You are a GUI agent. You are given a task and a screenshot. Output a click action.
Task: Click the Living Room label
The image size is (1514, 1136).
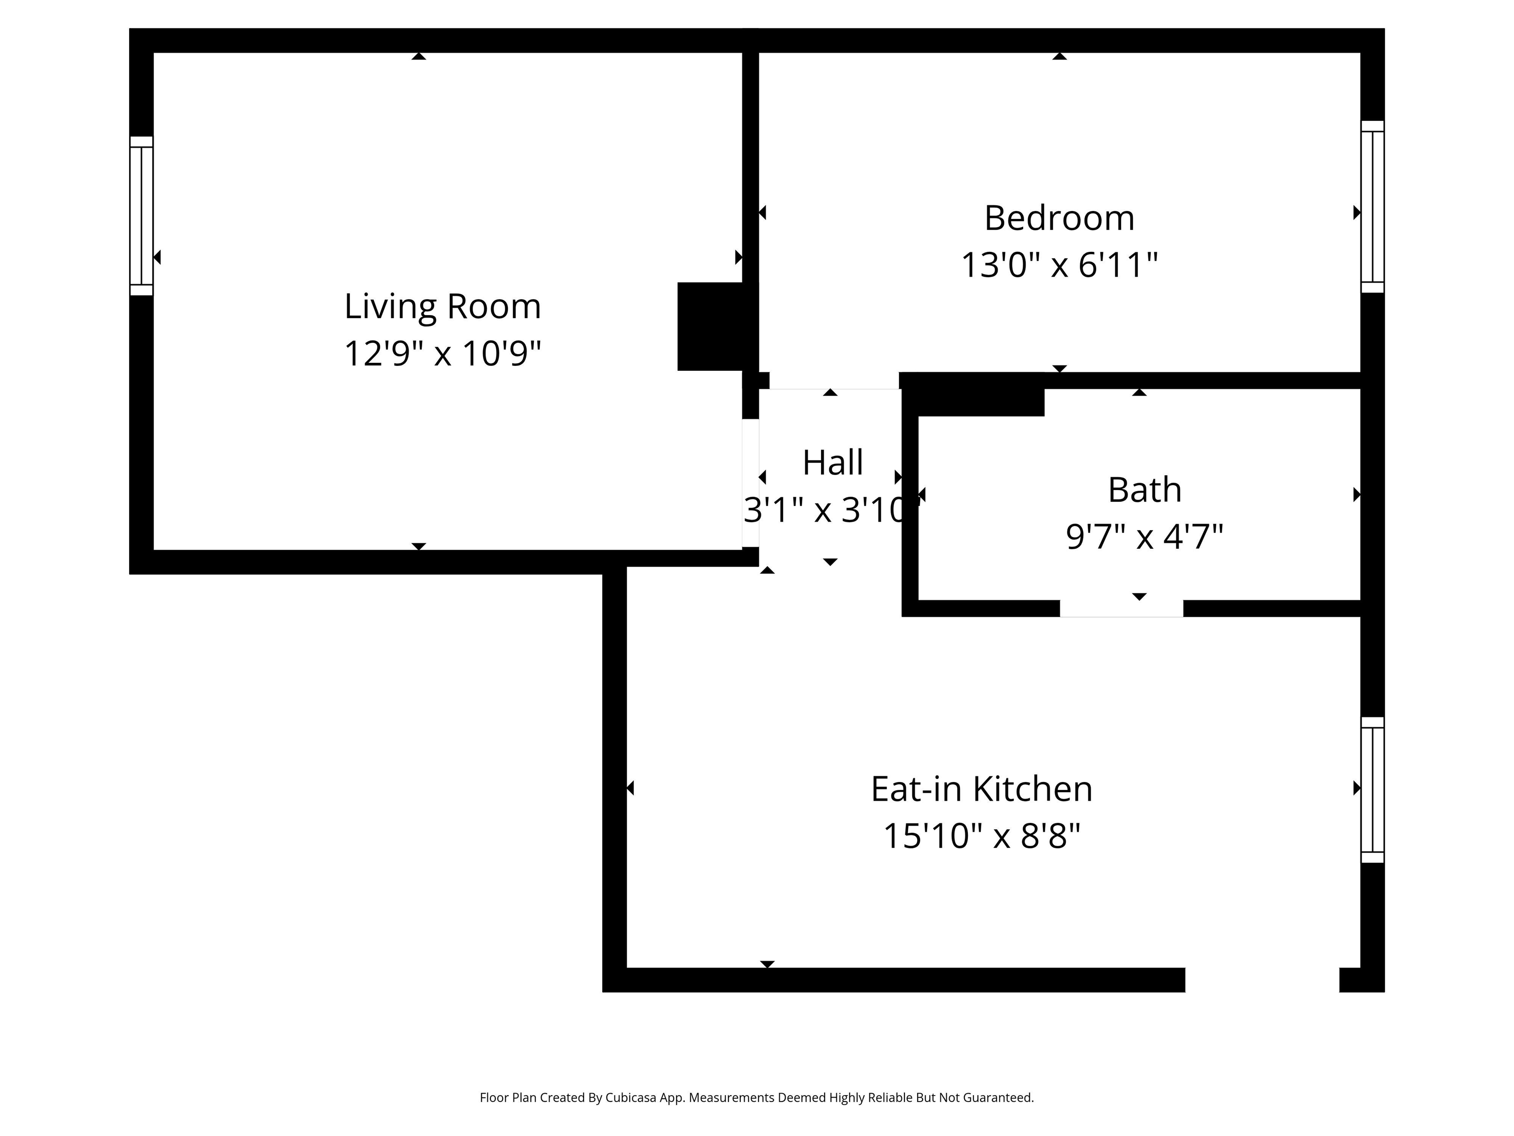442,306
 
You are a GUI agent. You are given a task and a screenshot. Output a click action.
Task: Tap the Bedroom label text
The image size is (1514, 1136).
1059,218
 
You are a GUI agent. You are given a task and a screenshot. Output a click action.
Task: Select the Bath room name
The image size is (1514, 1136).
1144,490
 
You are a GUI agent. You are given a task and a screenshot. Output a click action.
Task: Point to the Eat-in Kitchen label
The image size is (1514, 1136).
982,789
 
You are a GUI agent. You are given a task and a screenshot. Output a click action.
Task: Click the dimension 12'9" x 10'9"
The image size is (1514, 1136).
442,354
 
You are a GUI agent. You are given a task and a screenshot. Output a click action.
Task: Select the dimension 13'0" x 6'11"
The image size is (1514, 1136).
1059,264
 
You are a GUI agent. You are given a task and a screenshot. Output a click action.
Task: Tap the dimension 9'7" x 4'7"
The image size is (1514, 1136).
1144,536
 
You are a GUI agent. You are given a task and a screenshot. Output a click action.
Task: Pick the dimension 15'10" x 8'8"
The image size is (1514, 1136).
982,835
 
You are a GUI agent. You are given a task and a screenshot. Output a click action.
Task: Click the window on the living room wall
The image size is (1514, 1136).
141,215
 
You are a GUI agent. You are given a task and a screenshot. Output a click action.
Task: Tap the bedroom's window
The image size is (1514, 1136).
1373,206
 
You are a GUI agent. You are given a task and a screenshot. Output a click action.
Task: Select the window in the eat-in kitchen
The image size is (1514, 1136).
1373,789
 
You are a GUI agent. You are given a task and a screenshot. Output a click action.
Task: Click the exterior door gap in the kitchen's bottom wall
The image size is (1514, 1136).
1262,980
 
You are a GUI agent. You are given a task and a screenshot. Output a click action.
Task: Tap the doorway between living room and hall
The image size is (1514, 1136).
750,483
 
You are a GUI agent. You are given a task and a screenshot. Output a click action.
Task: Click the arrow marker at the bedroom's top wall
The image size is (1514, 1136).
1060,56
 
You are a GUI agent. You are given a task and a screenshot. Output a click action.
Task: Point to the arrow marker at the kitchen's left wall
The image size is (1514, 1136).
630,788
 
